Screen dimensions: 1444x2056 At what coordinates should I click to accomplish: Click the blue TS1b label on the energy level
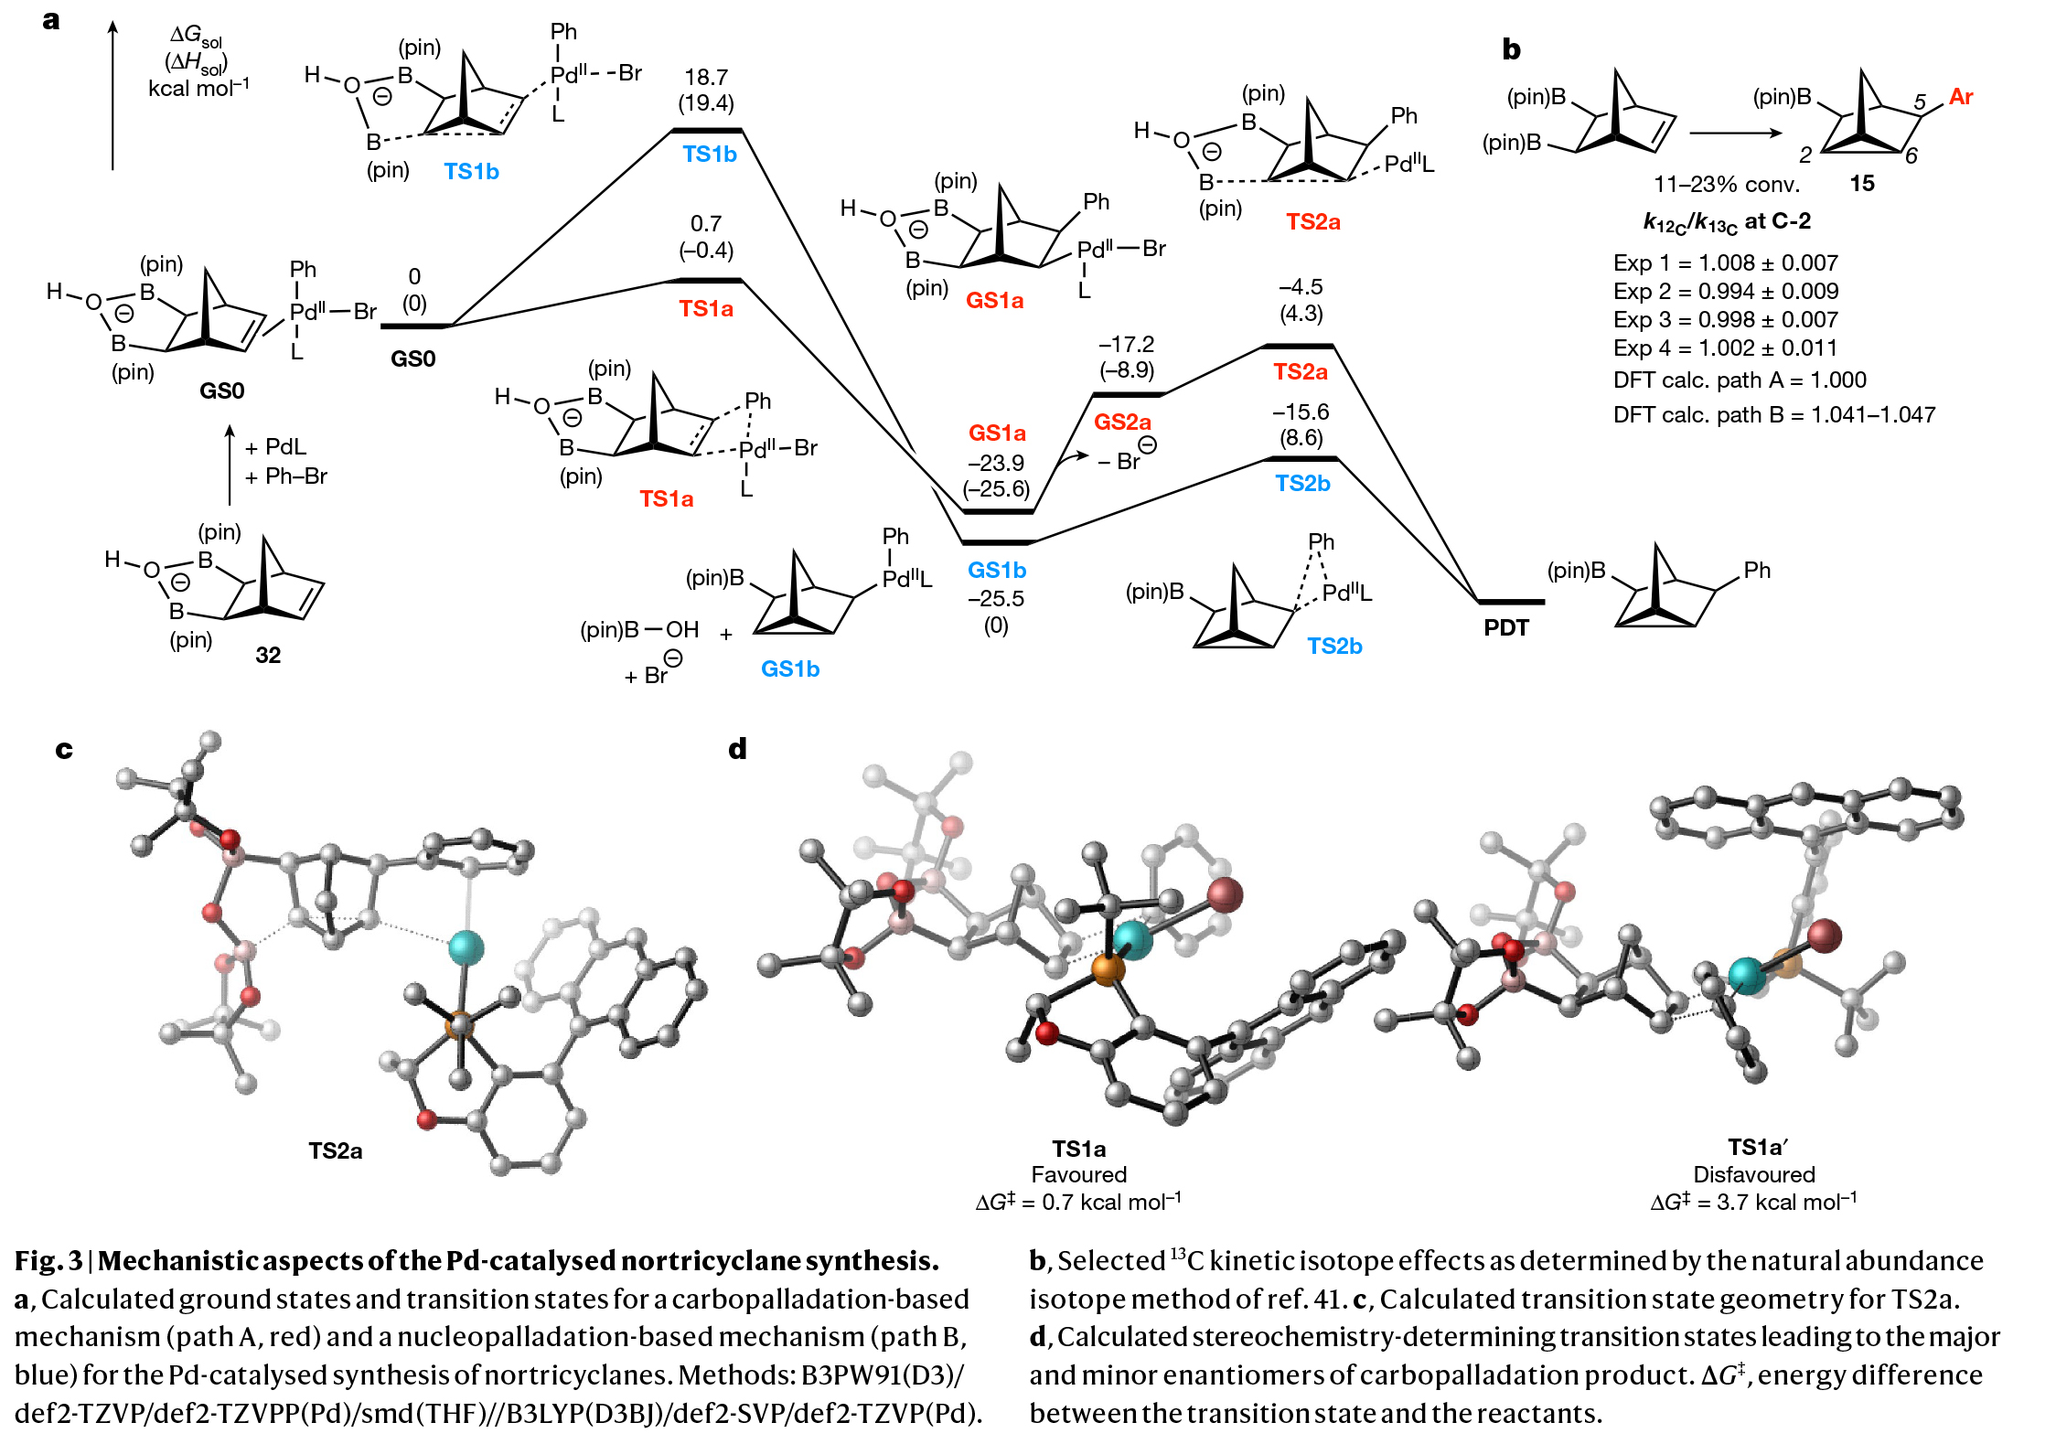coord(709,155)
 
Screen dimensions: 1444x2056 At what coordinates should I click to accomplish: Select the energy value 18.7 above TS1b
coord(706,78)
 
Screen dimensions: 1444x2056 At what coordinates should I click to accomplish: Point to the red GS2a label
coord(1122,423)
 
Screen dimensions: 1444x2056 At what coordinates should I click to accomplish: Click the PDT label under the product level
coord(1505,628)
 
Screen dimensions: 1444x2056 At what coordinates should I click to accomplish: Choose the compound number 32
coord(268,655)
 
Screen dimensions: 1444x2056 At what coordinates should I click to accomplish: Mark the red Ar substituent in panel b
coord(1960,97)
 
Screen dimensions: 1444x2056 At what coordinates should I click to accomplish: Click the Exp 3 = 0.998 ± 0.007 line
coord(1725,319)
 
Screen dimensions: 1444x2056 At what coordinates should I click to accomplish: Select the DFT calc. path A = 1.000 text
coord(1740,380)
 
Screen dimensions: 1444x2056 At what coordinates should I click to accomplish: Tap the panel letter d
coord(737,749)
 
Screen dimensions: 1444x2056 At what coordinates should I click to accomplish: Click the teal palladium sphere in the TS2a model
coord(466,947)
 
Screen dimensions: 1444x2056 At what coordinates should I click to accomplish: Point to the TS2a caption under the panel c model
coord(335,1150)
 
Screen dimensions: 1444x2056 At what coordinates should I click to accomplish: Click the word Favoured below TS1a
coord(1078,1174)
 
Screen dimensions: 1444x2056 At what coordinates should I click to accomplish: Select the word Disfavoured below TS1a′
coord(1753,1174)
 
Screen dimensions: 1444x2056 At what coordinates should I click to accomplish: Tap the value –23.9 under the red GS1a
coord(996,463)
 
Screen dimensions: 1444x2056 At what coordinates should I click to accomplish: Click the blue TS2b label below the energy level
coord(1302,484)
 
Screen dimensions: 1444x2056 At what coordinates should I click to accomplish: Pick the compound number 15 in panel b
coord(1861,184)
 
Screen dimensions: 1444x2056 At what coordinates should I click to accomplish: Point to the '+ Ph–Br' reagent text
coord(286,476)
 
